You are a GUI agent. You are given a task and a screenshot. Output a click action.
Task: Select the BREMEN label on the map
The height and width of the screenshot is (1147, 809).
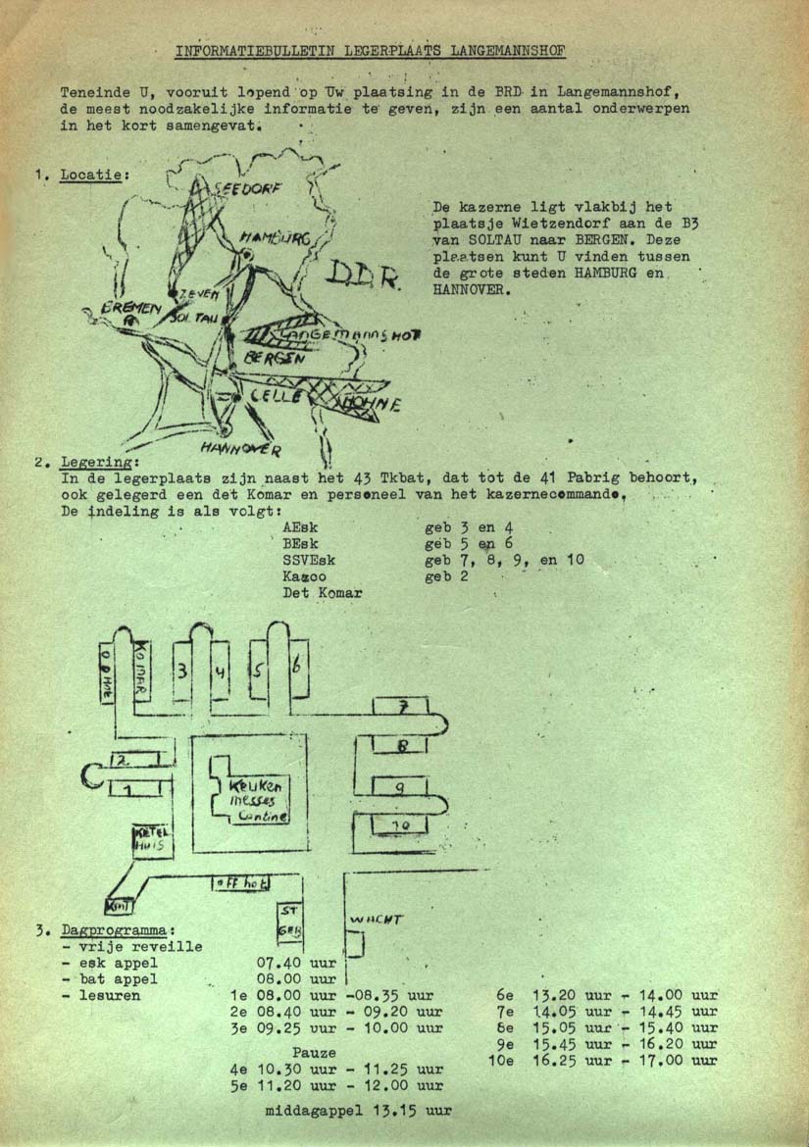tap(131, 309)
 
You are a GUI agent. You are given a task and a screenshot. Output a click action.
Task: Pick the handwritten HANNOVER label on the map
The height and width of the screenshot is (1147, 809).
tap(240, 450)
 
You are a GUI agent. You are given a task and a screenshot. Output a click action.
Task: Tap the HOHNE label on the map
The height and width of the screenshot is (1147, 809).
tap(370, 403)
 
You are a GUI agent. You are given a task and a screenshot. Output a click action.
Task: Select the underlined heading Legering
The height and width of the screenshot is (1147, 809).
tap(99, 462)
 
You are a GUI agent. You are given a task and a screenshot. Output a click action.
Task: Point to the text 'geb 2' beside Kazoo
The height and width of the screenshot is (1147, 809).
tap(446, 576)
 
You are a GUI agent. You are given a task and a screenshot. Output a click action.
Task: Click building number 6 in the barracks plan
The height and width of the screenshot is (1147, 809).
tap(297, 667)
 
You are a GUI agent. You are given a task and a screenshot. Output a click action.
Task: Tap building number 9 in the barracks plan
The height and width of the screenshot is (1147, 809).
tap(400, 787)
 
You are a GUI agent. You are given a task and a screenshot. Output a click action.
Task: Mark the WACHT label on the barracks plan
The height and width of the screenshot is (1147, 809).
tap(377, 920)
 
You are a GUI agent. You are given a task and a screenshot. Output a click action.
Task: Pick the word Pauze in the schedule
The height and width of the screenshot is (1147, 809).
tap(314, 1052)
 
